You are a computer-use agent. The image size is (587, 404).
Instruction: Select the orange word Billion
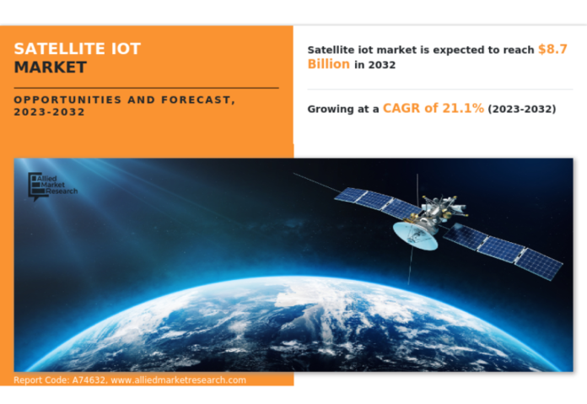328,64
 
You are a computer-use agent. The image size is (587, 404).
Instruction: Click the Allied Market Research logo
52,185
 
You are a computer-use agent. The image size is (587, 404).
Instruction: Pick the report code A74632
89,380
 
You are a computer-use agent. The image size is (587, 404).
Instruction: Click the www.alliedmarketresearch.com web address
179,380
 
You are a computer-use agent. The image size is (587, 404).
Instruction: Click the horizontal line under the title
146,87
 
